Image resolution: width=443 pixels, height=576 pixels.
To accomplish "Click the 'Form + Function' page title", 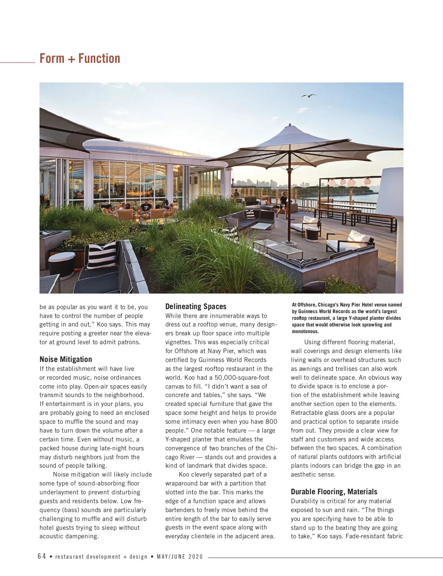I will pyautogui.click(x=80, y=58).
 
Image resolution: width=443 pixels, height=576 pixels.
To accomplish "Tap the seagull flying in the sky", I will pyautogui.click(x=309, y=96).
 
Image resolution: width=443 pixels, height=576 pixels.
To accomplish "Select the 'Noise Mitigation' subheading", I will pyautogui.click(x=66, y=359).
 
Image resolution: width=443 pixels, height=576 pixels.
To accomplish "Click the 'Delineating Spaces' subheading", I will pyautogui.click(x=196, y=306).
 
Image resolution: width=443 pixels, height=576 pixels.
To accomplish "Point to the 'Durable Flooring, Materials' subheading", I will pyautogui.click(x=334, y=492).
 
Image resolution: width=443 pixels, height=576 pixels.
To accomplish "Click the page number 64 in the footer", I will pyautogui.click(x=42, y=556).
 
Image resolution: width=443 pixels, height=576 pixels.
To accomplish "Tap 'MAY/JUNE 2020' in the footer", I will pyautogui.click(x=180, y=557).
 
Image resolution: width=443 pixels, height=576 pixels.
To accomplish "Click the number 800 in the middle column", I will pyautogui.click(x=271, y=421).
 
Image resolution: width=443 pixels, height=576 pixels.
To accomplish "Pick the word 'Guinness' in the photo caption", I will pyautogui.click(x=308, y=311).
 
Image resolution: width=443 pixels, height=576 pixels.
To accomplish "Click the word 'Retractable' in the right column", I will pyautogui.click(x=306, y=413).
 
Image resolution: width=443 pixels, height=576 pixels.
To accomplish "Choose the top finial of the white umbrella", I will pyautogui.click(x=290, y=125).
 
